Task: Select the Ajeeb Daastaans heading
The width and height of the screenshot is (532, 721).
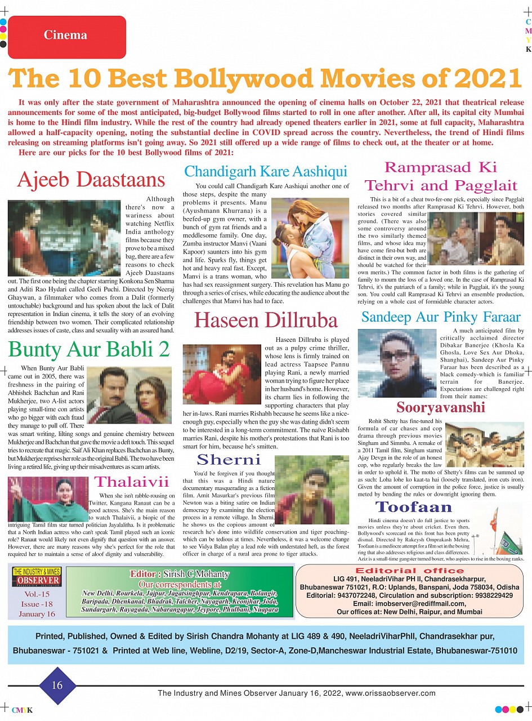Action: coord(91,179)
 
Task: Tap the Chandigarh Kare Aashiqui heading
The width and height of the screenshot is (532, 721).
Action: coord(266,171)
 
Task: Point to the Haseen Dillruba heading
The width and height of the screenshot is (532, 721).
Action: coord(266,320)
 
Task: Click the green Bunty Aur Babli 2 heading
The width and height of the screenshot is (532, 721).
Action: coord(89,349)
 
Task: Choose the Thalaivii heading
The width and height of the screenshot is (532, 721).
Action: coord(131,482)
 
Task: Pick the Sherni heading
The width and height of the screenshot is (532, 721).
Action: coord(229,459)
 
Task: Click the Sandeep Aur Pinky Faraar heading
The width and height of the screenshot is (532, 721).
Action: coord(441,317)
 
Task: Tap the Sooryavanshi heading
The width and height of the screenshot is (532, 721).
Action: coord(441,407)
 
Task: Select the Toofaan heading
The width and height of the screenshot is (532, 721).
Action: coord(414,507)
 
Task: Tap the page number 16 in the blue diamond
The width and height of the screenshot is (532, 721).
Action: coord(57,685)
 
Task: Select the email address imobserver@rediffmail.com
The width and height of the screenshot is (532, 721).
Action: coord(410,603)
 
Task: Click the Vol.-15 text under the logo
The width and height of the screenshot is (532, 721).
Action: coord(37,594)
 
